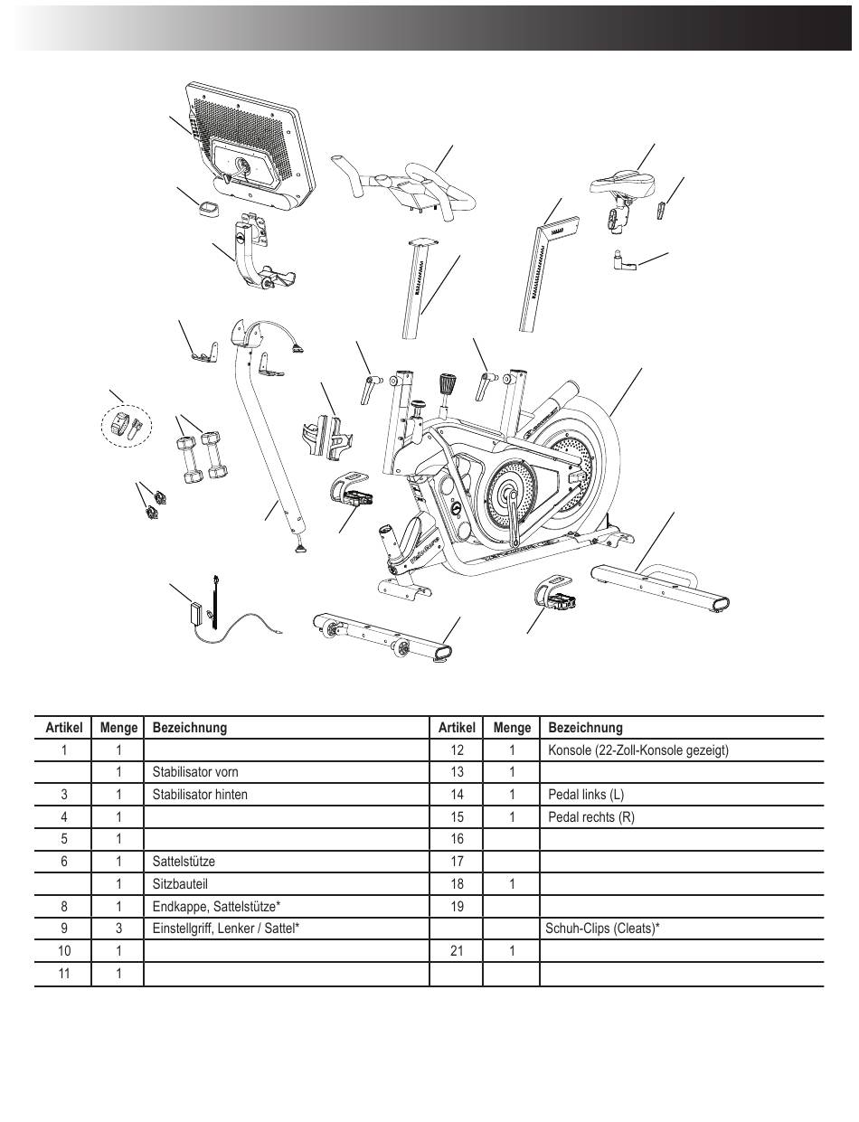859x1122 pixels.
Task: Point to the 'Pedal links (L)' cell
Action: pyautogui.click(x=586, y=795)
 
